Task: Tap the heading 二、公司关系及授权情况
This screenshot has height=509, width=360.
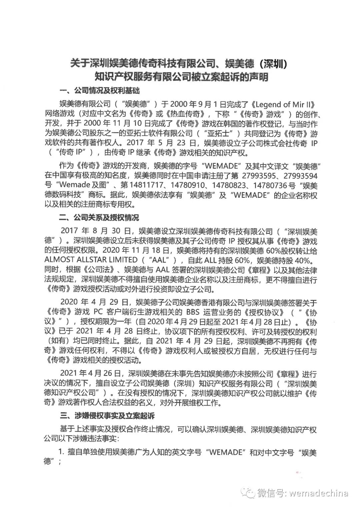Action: (x=99, y=218)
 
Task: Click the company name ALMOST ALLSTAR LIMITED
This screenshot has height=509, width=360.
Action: (x=91, y=259)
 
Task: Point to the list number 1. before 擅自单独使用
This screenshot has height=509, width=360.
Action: (x=61, y=452)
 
